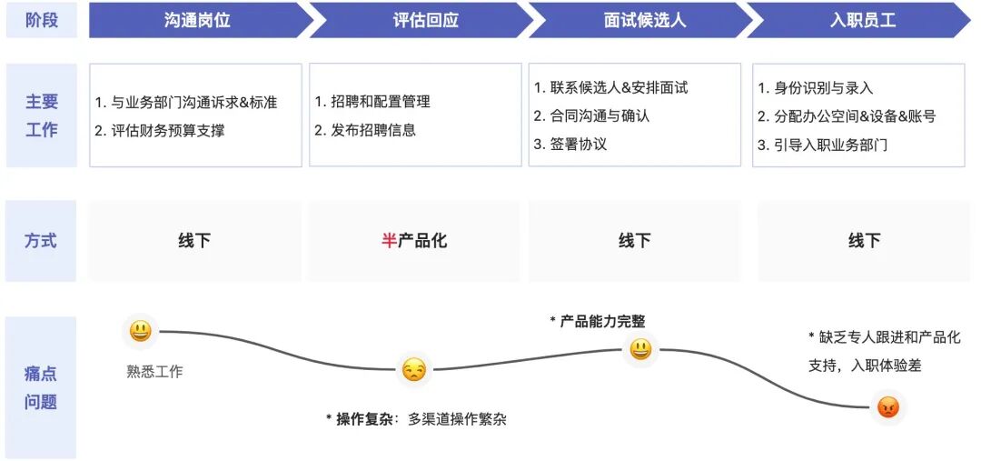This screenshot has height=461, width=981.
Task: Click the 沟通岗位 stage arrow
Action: pos(198,20)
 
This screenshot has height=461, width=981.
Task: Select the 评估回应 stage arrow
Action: pos(425,20)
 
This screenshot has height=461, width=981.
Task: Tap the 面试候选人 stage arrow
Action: pos(644,20)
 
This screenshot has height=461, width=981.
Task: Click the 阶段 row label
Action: pos(41,20)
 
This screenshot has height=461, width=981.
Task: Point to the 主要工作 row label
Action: pos(41,115)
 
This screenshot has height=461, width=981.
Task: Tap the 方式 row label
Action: pos(41,241)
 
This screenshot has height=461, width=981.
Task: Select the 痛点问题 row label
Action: pos(41,387)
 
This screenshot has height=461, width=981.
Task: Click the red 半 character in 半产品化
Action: pos(390,241)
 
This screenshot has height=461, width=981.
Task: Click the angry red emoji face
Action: pos(887,407)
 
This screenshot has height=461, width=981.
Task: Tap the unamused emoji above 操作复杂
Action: pos(413,370)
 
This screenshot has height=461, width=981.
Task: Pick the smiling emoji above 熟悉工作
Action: pos(140,331)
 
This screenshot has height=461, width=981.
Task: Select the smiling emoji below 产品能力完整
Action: pos(640,349)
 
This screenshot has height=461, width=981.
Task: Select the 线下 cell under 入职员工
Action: pos(864,241)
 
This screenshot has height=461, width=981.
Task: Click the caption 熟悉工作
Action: pos(154,371)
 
